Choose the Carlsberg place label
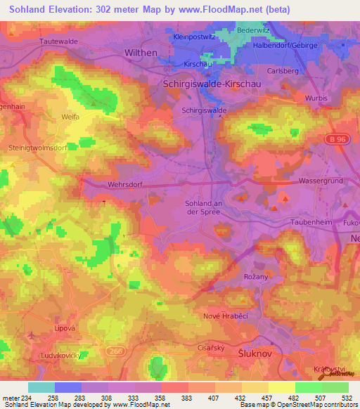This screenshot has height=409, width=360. [x=283, y=71]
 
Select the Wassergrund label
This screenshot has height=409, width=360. [x=320, y=181]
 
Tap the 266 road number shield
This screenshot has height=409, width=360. [x=116, y=350]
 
